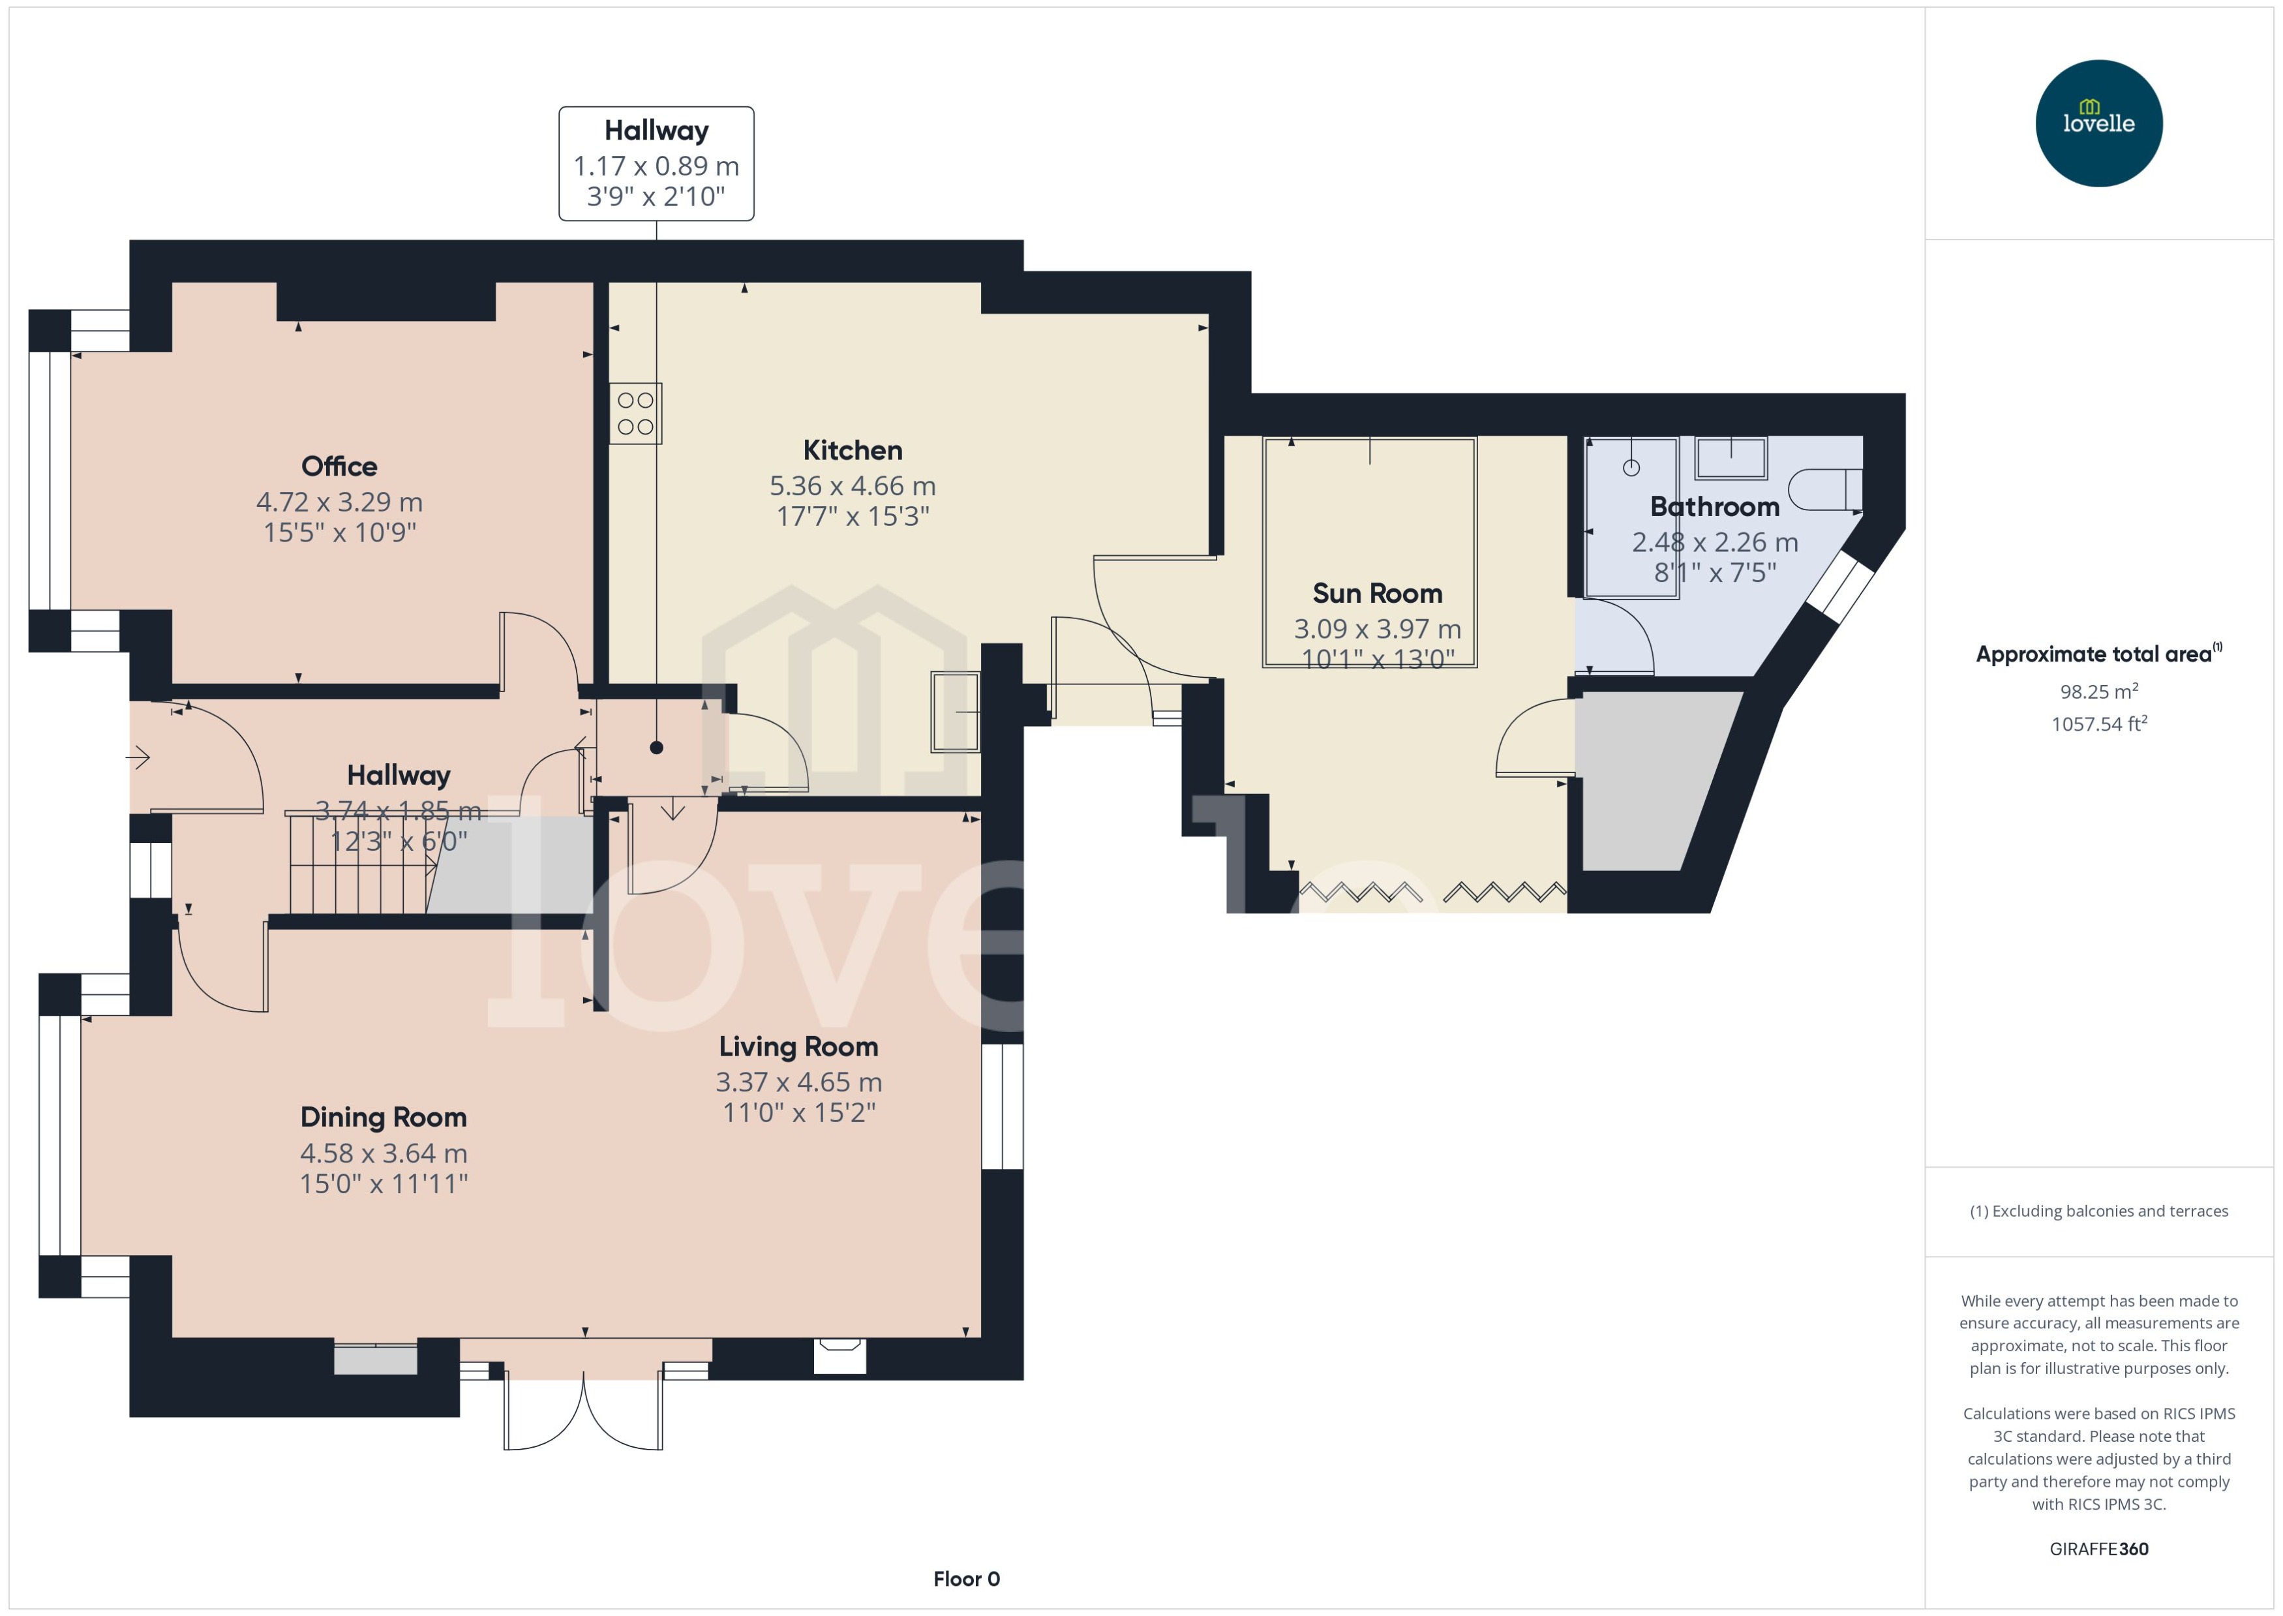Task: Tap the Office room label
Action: coord(339,466)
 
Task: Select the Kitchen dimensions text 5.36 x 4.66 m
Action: coord(853,485)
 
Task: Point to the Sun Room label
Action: coord(1377,593)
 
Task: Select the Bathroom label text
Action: coord(1714,506)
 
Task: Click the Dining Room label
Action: coord(383,1118)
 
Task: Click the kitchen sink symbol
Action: coord(955,712)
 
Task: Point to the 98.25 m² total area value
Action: coord(2099,691)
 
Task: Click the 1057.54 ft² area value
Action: coord(2099,724)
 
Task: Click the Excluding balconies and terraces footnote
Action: coord(2099,1211)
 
